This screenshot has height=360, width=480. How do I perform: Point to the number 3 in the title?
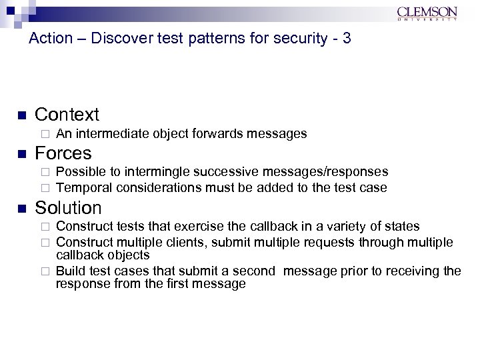[x=346, y=39]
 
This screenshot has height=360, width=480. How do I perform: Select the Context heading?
[x=67, y=115]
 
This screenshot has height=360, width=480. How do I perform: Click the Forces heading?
[x=63, y=153]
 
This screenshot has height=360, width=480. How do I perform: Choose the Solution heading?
[x=68, y=208]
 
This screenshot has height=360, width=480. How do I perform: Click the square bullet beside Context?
[x=21, y=115]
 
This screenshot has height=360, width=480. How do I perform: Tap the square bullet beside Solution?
[x=21, y=209]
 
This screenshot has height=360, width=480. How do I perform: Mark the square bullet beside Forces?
[x=21, y=154]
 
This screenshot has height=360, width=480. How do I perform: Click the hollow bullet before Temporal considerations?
[x=45, y=187]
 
